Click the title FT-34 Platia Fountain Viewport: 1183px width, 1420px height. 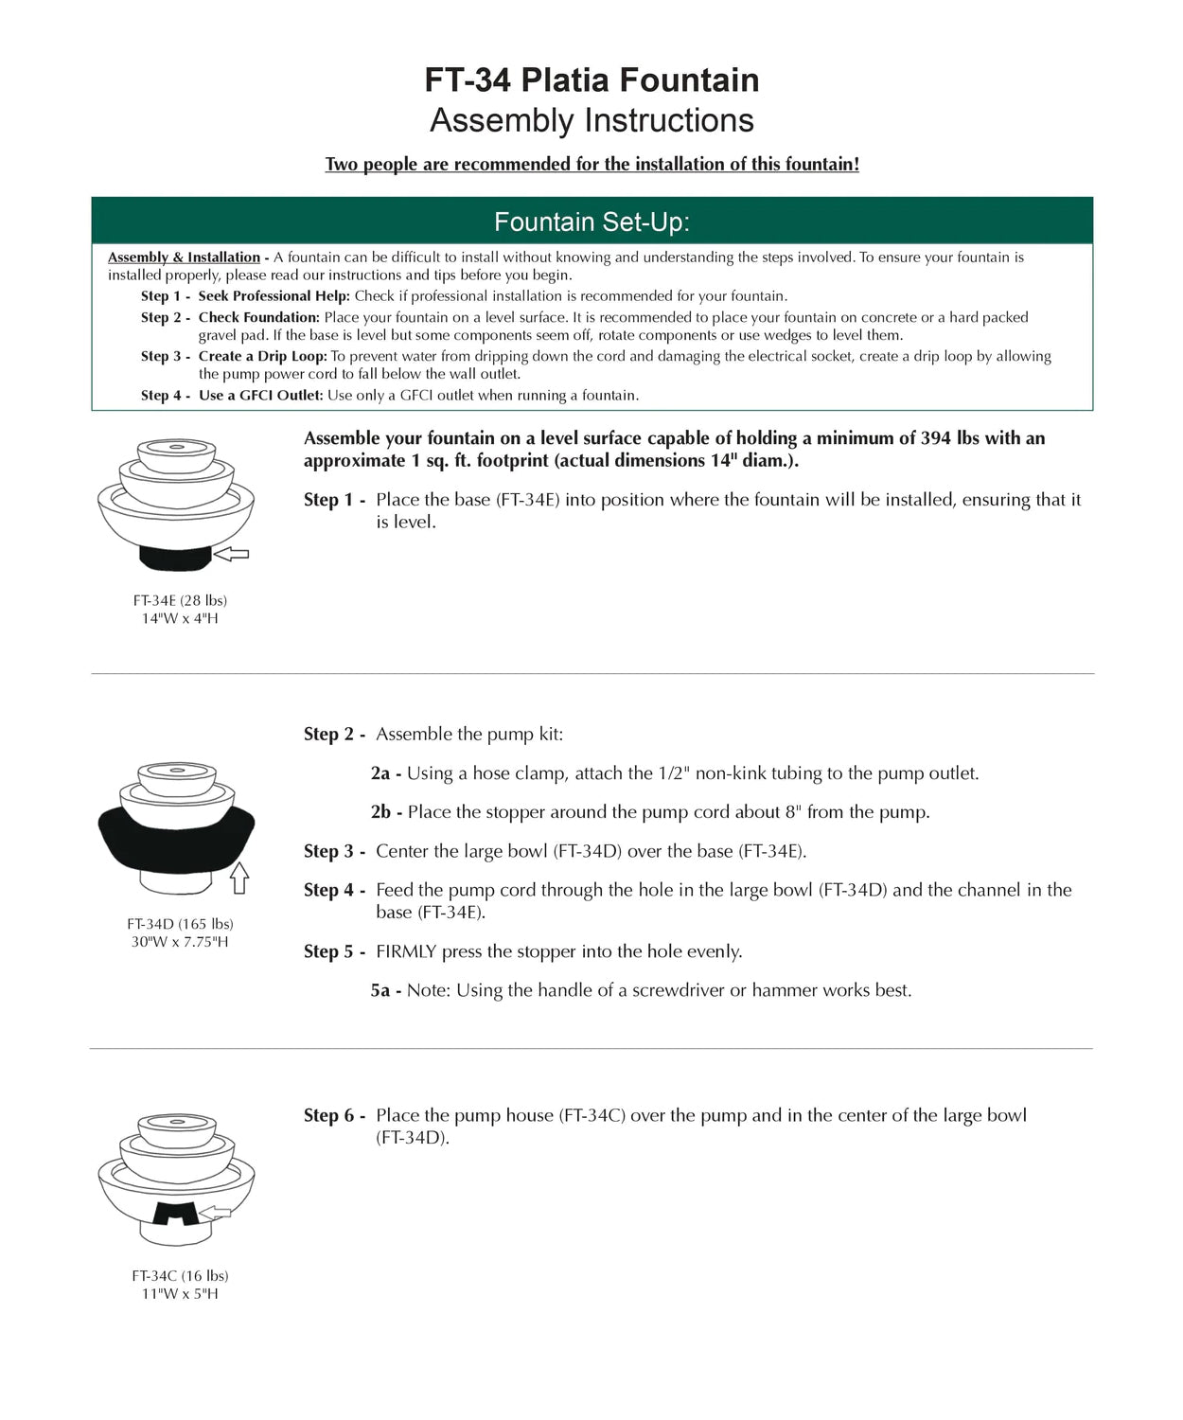click(x=591, y=80)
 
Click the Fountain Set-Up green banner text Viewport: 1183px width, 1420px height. click(x=591, y=222)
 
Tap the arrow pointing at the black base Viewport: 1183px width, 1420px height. click(x=232, y=554)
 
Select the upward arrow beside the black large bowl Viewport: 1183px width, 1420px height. click(x=239, y=878)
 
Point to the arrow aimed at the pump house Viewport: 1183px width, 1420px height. click(x=215, y=1212)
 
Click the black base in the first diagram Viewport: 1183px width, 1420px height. click(x=176, y=559)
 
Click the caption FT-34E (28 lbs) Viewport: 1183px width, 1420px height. click(x=180, y=600)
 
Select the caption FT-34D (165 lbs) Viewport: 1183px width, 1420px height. click(x=180, y=924)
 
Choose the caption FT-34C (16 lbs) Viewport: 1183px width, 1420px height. click(x=180, y=1276)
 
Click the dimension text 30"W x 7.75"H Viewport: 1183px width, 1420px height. click(x=180, y=942)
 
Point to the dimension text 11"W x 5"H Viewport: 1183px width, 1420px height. click(x=180, y=1294)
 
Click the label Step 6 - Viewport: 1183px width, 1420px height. click(x=334, y=1116)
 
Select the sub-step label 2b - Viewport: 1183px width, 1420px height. click(x=386, y=812)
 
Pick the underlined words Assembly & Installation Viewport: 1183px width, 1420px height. click(x=184, y=257)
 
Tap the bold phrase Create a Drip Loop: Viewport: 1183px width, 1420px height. click(x=262, y=357)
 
